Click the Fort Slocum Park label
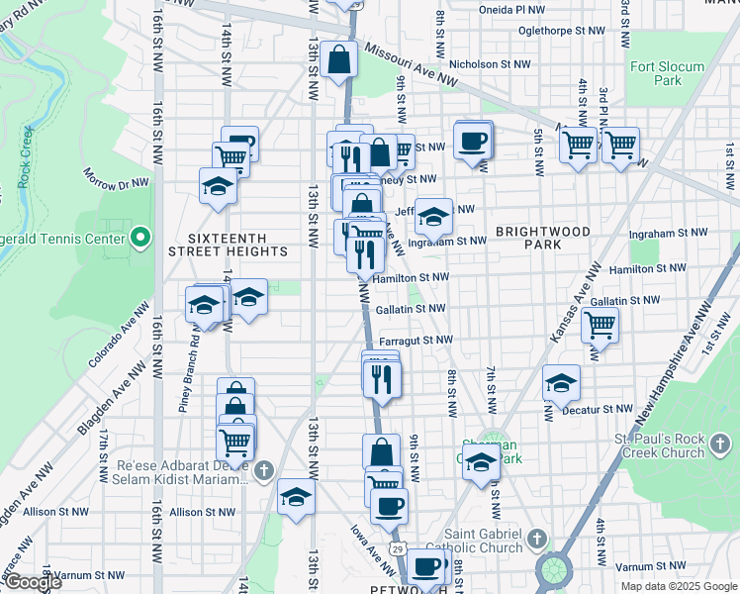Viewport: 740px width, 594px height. pos(668,74)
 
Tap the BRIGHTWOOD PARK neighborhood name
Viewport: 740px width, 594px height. pos(543,237)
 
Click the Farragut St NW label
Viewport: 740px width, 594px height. pos(416,340)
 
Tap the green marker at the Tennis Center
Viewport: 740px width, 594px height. pos(140,238)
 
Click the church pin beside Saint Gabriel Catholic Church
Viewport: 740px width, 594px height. pos(536,540)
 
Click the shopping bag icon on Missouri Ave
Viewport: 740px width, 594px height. pos(338,58)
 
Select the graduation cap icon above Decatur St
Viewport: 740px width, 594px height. pos(561,383)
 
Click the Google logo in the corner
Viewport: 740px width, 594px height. pos(32,582)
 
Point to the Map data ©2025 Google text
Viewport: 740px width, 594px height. pos(678,586)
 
